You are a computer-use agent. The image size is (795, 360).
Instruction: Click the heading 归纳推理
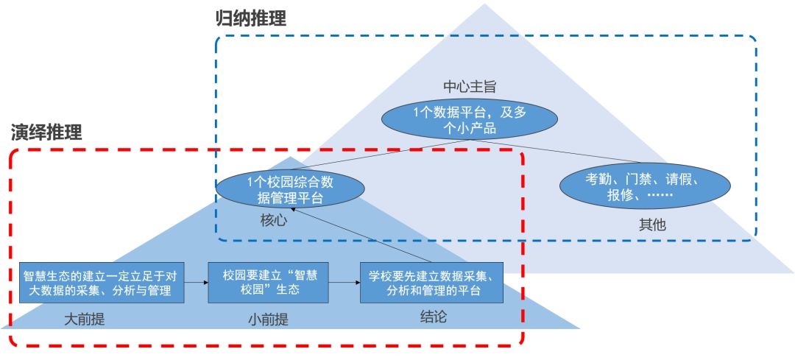[x=250, y=18]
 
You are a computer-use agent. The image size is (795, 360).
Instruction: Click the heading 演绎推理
[x=46, y=133]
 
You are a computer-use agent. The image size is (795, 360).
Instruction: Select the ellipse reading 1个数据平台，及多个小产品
[x=464, y=120]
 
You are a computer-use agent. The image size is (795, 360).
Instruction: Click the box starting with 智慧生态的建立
[x=102, y=283]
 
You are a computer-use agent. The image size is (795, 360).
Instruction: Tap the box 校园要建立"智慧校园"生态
[x=268, y=283]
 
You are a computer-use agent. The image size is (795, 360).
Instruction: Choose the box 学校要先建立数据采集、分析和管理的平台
[x=431, y=283]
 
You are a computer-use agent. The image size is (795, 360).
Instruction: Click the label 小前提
[x=267, y=320]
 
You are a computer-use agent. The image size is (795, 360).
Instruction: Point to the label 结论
[x=433, y=317]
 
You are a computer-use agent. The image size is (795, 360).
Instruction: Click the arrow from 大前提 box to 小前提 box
[x=196, y=282]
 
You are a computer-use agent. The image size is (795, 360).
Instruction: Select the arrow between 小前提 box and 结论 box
[x=344, y=282]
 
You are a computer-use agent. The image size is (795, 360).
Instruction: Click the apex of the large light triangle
[x=484, y=6]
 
